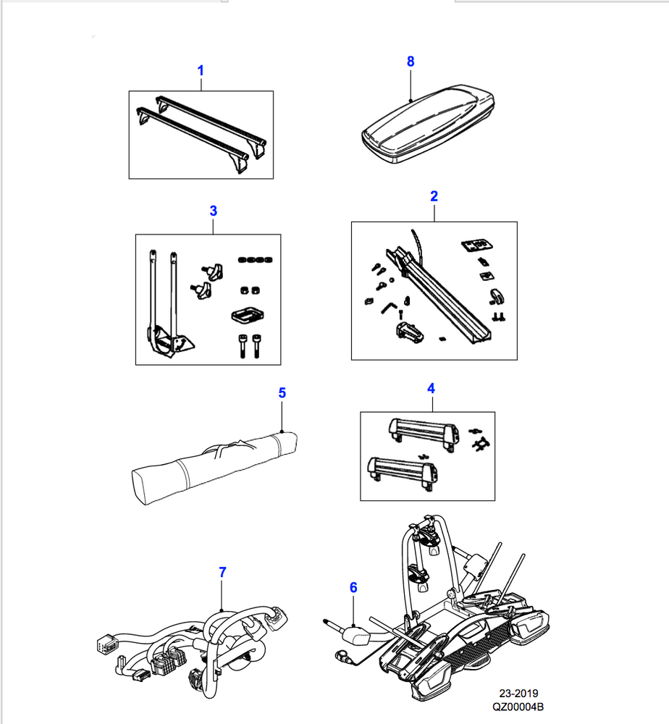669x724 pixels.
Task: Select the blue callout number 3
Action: click(x=213, y=211)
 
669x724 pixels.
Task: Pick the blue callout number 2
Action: click(x=434, y=196)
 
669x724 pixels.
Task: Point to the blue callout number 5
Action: click(x=282, y=392)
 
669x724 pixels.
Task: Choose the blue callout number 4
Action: click(x=431, y=388)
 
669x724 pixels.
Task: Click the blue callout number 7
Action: click(x=222, y=572)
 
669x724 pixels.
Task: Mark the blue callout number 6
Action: click(x=353, y=588)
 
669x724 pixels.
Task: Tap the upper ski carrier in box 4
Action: click(x=424, y=432)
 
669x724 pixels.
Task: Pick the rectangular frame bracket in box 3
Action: click(x=248, y=316)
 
